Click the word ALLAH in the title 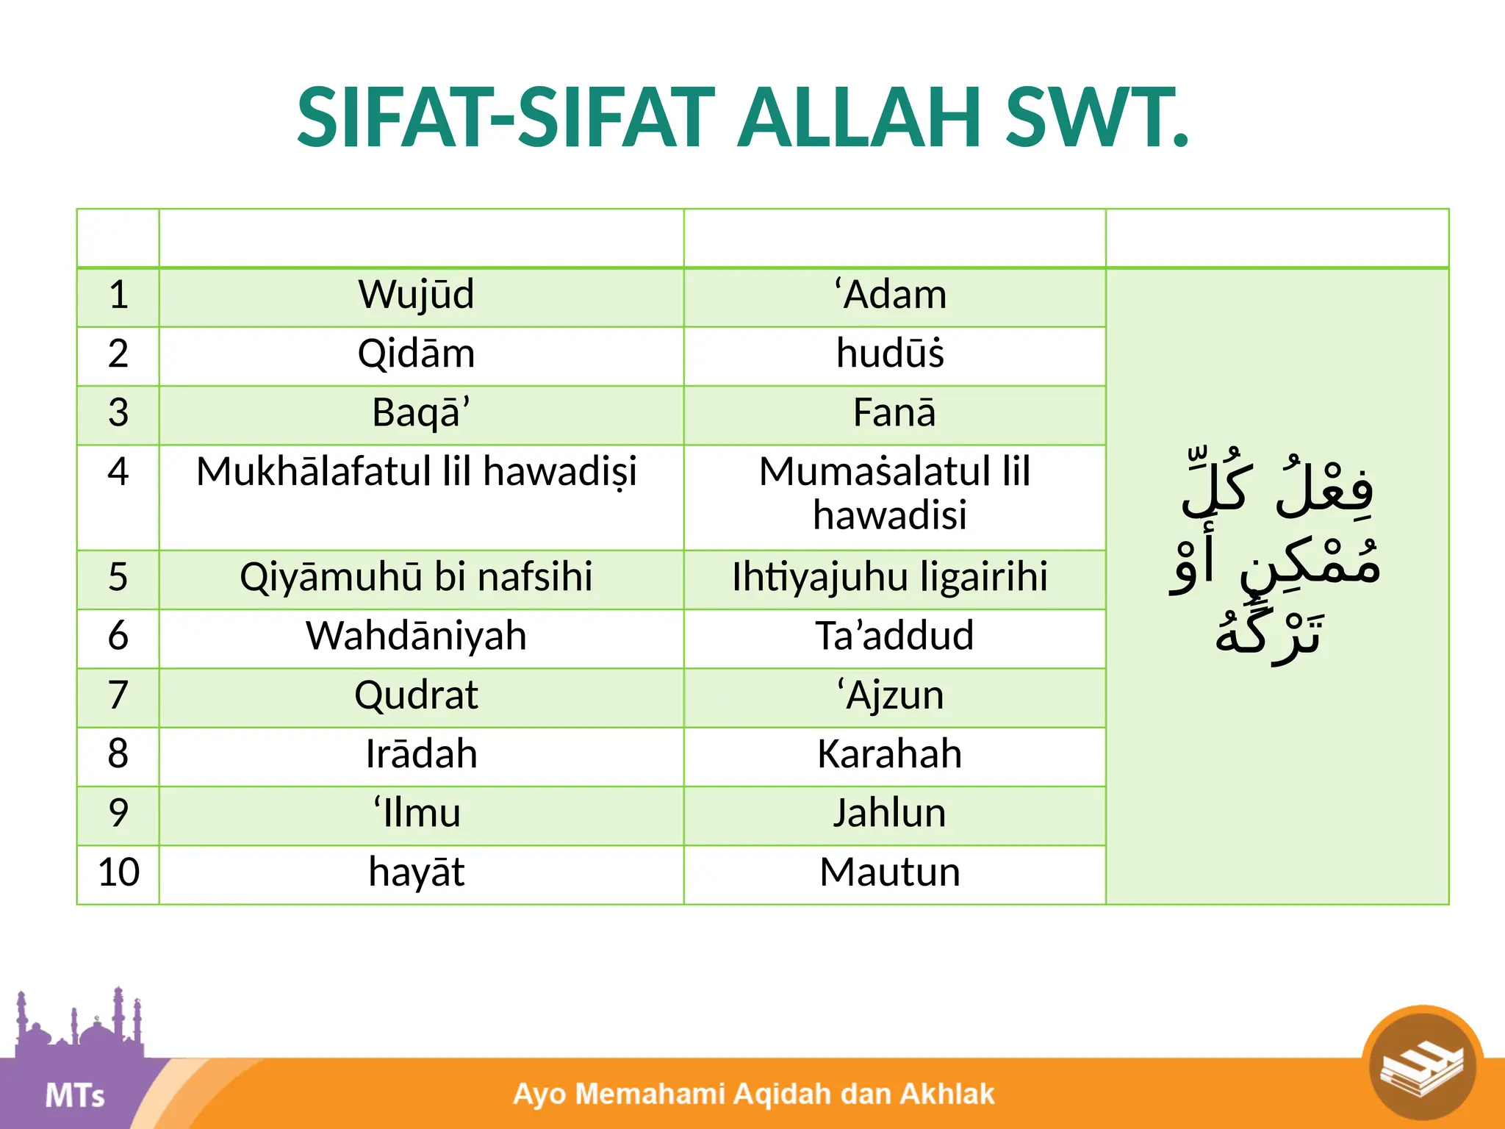point(860,118)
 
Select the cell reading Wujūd point(416,295)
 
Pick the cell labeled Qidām point(416,354)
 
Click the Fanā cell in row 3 point(894,412)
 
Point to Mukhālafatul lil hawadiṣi point(416,472)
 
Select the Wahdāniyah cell point(416,636)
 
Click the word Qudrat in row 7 point(416,695)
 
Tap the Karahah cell point(890,754)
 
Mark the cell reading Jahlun point(890,813)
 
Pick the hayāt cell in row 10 point(416,872)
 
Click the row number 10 point(118,872)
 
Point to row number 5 point(118,577)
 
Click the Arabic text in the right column point(1276,559)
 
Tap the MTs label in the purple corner point(74,1095)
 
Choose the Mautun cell point(890,872)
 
